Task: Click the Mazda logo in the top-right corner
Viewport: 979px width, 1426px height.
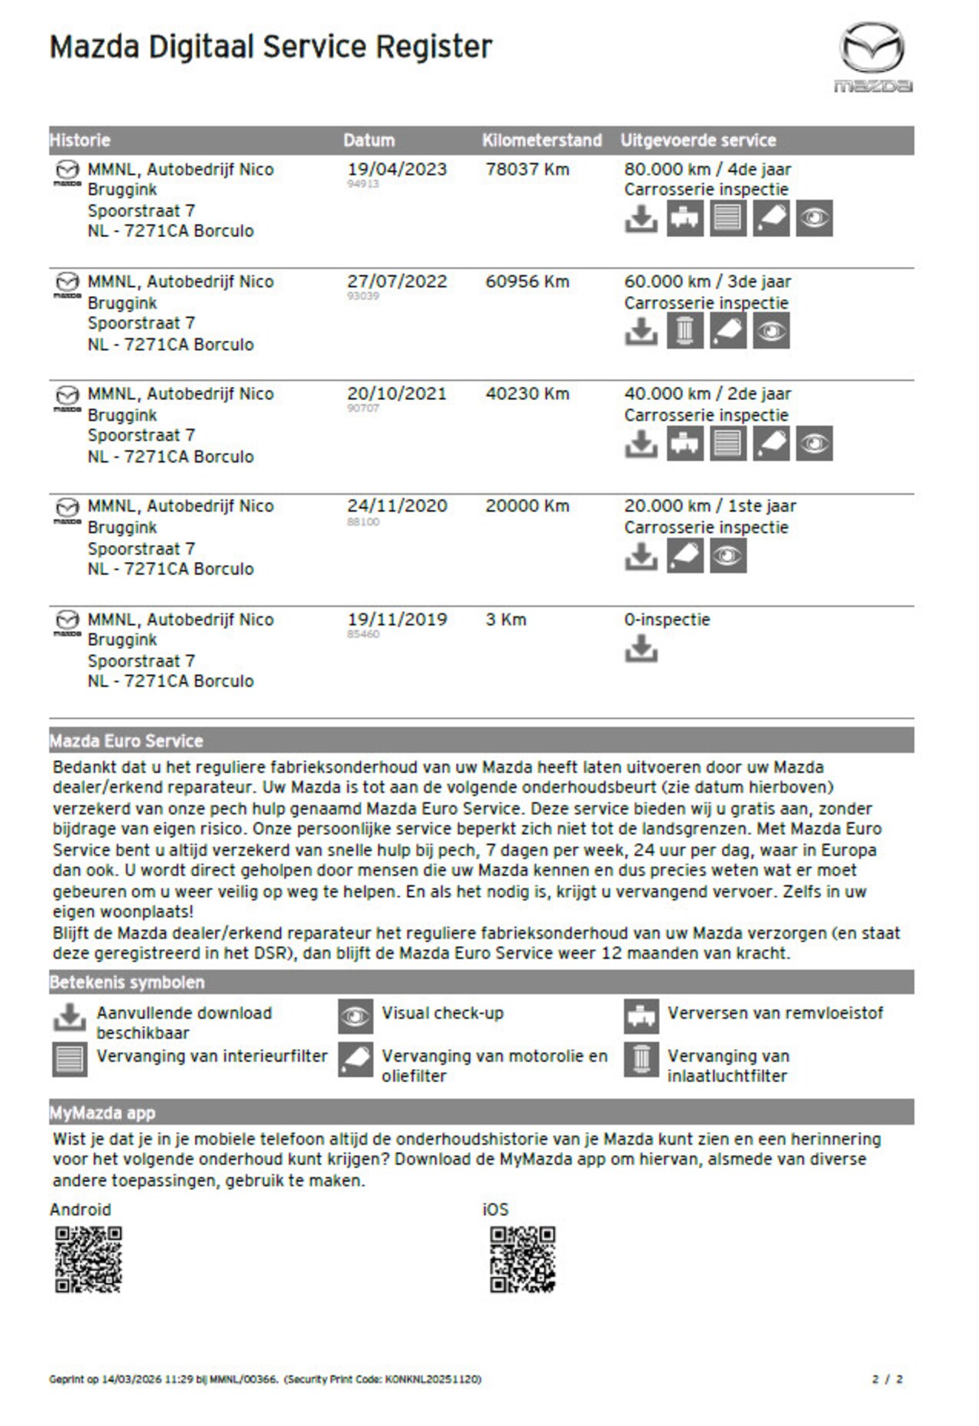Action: tap(873, 57)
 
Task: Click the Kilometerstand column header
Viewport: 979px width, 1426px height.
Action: tap(542, 141)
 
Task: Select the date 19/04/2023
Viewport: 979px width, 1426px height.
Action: tap(397, 170)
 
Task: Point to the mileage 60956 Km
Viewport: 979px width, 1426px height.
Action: tap(527, 282)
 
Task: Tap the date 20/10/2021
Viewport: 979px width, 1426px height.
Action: tap(397, 395)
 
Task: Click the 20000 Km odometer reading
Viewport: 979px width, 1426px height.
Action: tap(527, 506)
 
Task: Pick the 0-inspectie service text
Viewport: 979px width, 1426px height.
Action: tap(667, 620)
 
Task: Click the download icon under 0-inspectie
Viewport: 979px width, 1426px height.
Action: tap(641, 649)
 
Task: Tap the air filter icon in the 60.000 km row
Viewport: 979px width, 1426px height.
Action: tap(685, 331)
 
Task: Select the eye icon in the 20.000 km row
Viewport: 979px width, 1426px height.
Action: tap(727, 556)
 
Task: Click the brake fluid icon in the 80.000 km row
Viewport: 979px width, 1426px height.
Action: tap(685, 219)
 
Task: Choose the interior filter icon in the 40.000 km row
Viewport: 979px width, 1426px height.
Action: tap(727, 443)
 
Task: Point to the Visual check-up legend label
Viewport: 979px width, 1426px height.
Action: tap(443, 1014)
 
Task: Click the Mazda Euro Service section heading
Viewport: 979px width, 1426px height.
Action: tap(126, 741)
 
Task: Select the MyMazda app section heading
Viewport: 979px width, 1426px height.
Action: tap(102, 1113)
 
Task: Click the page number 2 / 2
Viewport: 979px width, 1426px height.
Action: tap(887, 1379)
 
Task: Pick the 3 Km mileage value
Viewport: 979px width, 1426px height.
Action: tap(506, 620)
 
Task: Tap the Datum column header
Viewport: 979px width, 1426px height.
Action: tap(369, 141)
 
